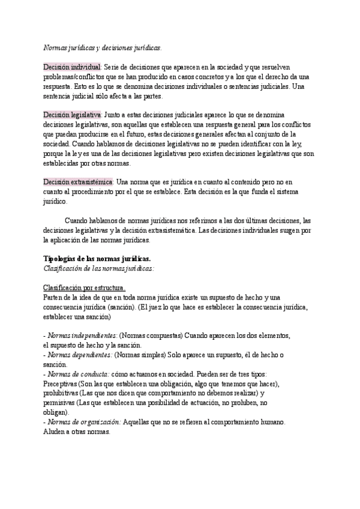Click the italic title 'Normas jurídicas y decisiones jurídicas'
tap(102, 47)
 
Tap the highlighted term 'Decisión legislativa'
tap(73, 114)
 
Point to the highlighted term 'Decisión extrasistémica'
tap(78, 182)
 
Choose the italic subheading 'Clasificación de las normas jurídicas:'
tap(99, 268)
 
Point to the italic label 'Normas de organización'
tap(85, 422)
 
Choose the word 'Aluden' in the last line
tap(56, 432)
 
